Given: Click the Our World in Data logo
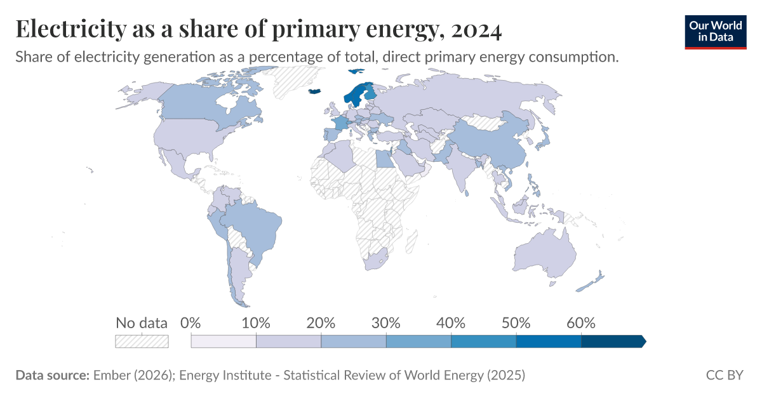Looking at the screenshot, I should pyautogui.click(x=716, y=32).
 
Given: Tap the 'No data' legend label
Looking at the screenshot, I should pyautogui.click(x=141, y=322).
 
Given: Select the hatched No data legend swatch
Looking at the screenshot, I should pyautogui.click(x=141, y=342).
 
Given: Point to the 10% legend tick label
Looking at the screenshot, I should pyautogui.click(x=256, y=322).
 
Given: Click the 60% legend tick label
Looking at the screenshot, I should pyautogui.click(x=581, y=322).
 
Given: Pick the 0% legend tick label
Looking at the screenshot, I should pyautogui.click(x=191, y=322).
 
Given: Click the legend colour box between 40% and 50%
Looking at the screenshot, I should pyautogui.click(x=483, y=342).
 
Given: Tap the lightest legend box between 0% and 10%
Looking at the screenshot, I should pyautogui.click(x=224, y=342).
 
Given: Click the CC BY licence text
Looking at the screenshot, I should pyautogui.click(x=725, y=375).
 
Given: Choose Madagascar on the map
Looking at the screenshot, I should pyautogui.click(x=411, y=241).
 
